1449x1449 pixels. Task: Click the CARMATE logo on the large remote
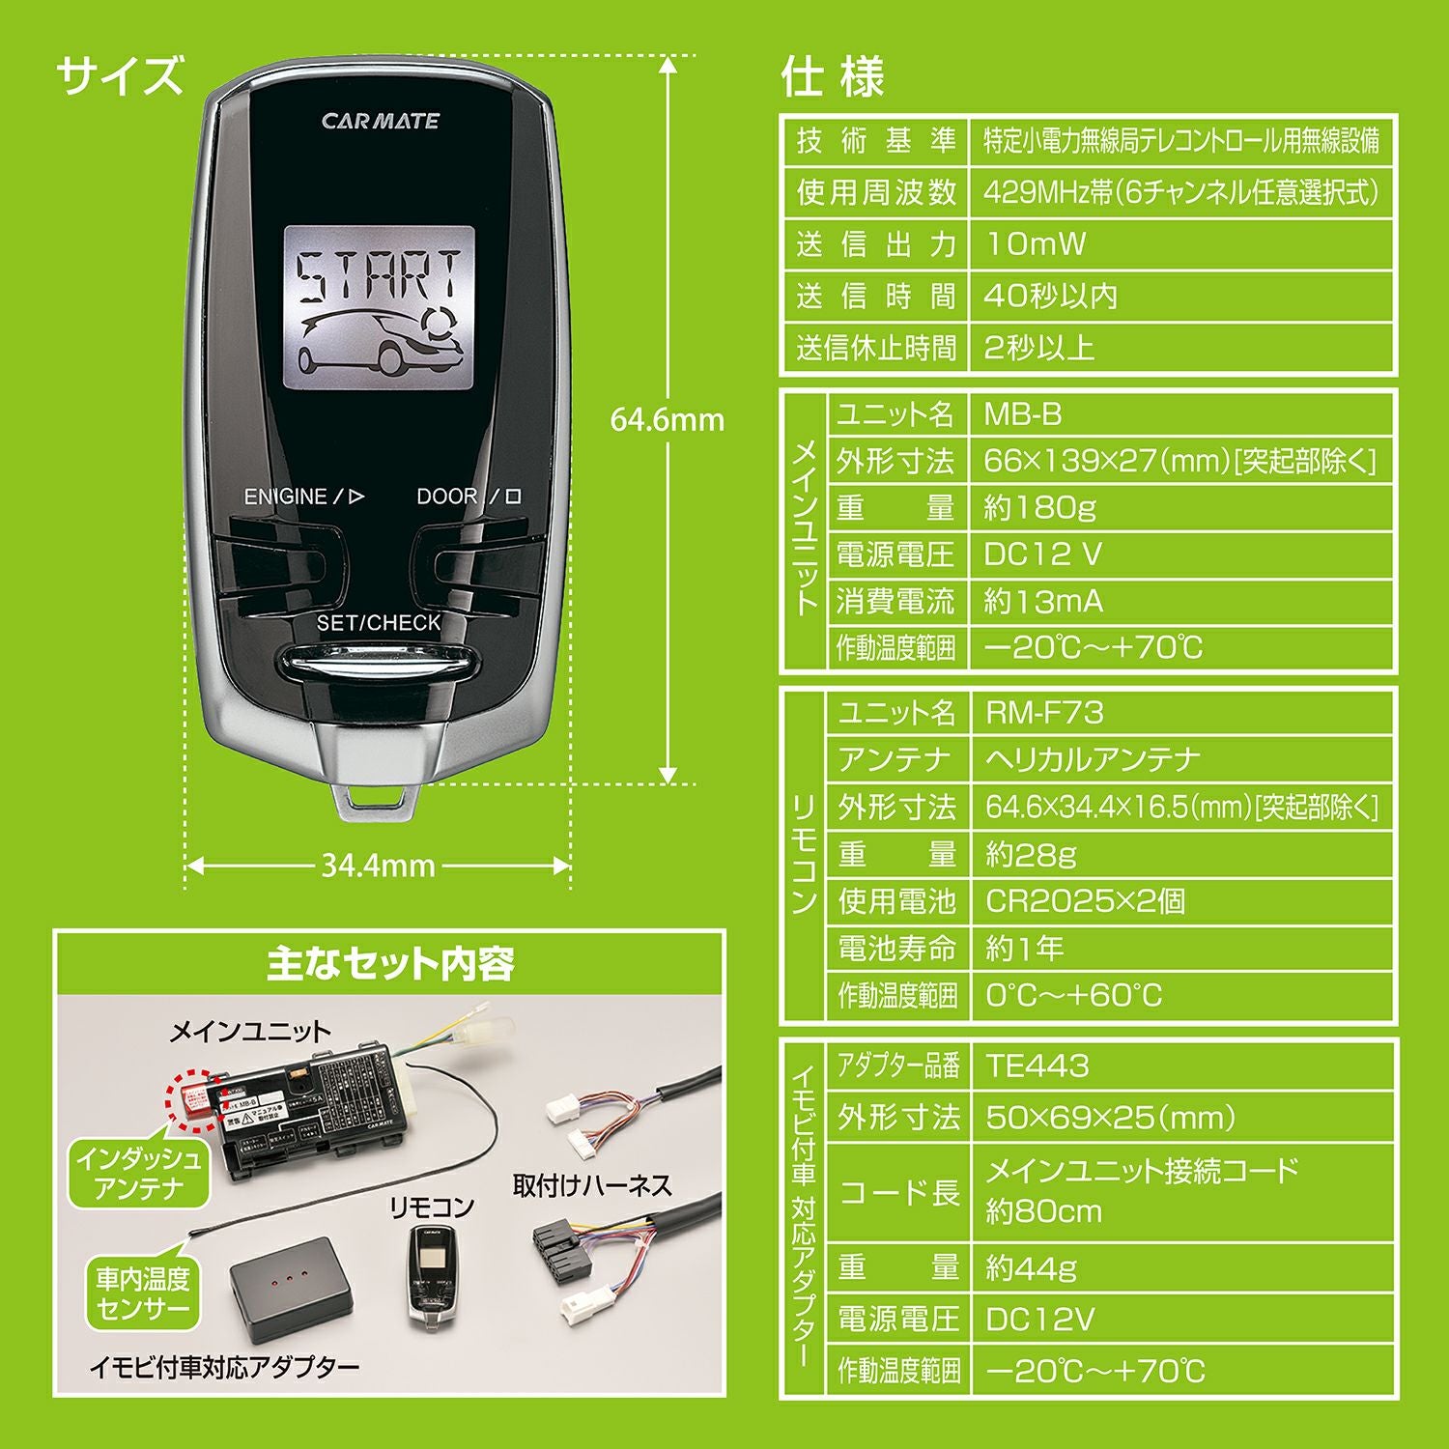(x=380, y=121)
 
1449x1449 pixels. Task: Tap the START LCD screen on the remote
(x=379, y=307)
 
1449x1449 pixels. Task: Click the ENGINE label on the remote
(x=286, y=497)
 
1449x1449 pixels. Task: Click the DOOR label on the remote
(x=447, y=497)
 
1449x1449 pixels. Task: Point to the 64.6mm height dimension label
(x=667, y=420)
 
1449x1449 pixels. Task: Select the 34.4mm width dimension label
(x=378, y=866)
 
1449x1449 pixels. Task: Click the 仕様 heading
(x=833, y=77)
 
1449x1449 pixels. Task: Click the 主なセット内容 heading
(x=389, y=963)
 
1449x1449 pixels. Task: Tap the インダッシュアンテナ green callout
(x=139, y=1173)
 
